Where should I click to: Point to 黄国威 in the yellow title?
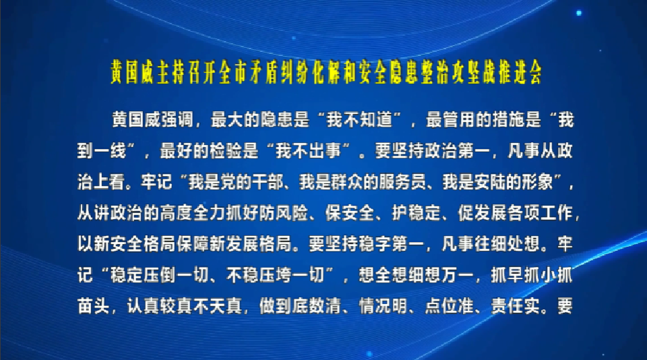133,73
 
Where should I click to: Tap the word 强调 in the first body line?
177,120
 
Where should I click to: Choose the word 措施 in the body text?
508,120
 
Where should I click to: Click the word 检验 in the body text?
226,151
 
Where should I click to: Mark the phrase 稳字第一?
392,244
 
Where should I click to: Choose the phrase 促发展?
482,213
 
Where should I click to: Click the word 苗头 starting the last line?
94,306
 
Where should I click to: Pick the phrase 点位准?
450,306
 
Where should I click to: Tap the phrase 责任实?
516,306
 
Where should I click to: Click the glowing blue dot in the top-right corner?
579,13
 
